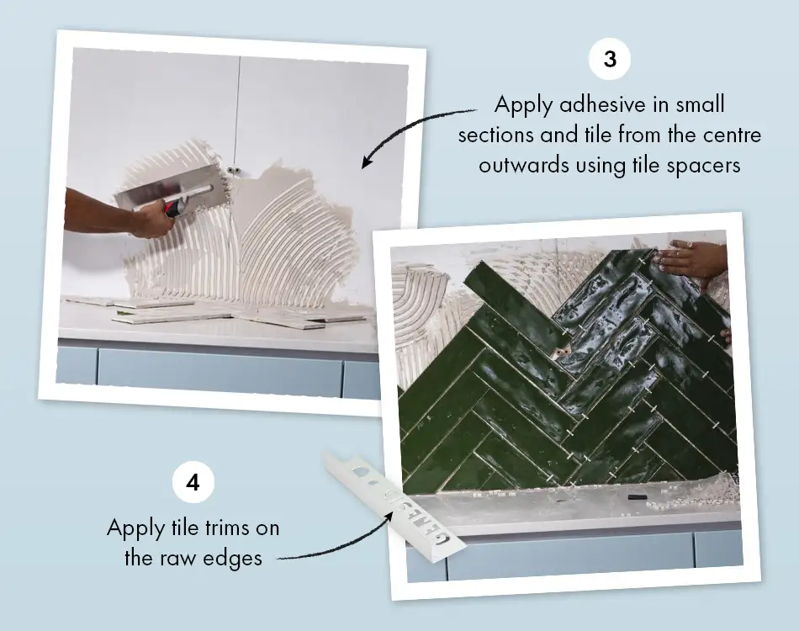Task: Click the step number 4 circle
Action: (x=193, y=483)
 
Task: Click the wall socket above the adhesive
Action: (x=235, y=172)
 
